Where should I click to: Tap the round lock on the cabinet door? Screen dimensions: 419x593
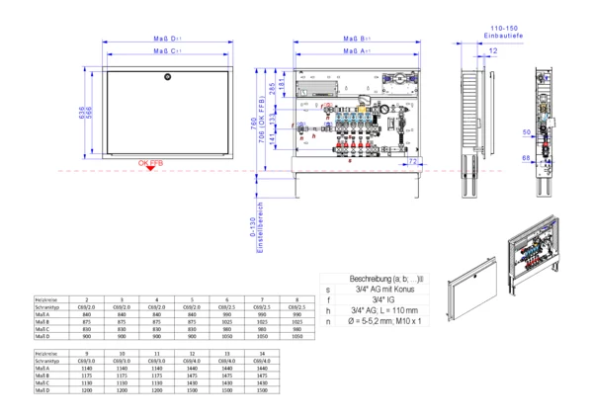click(168, 76)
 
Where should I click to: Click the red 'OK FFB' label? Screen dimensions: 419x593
click(150, 161)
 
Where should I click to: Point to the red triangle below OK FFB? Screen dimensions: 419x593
click(149, 169)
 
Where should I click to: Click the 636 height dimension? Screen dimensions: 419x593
click(83, 112)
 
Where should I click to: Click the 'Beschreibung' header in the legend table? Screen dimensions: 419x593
click(374, 280)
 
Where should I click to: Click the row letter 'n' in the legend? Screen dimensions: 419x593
click(327, 321)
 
